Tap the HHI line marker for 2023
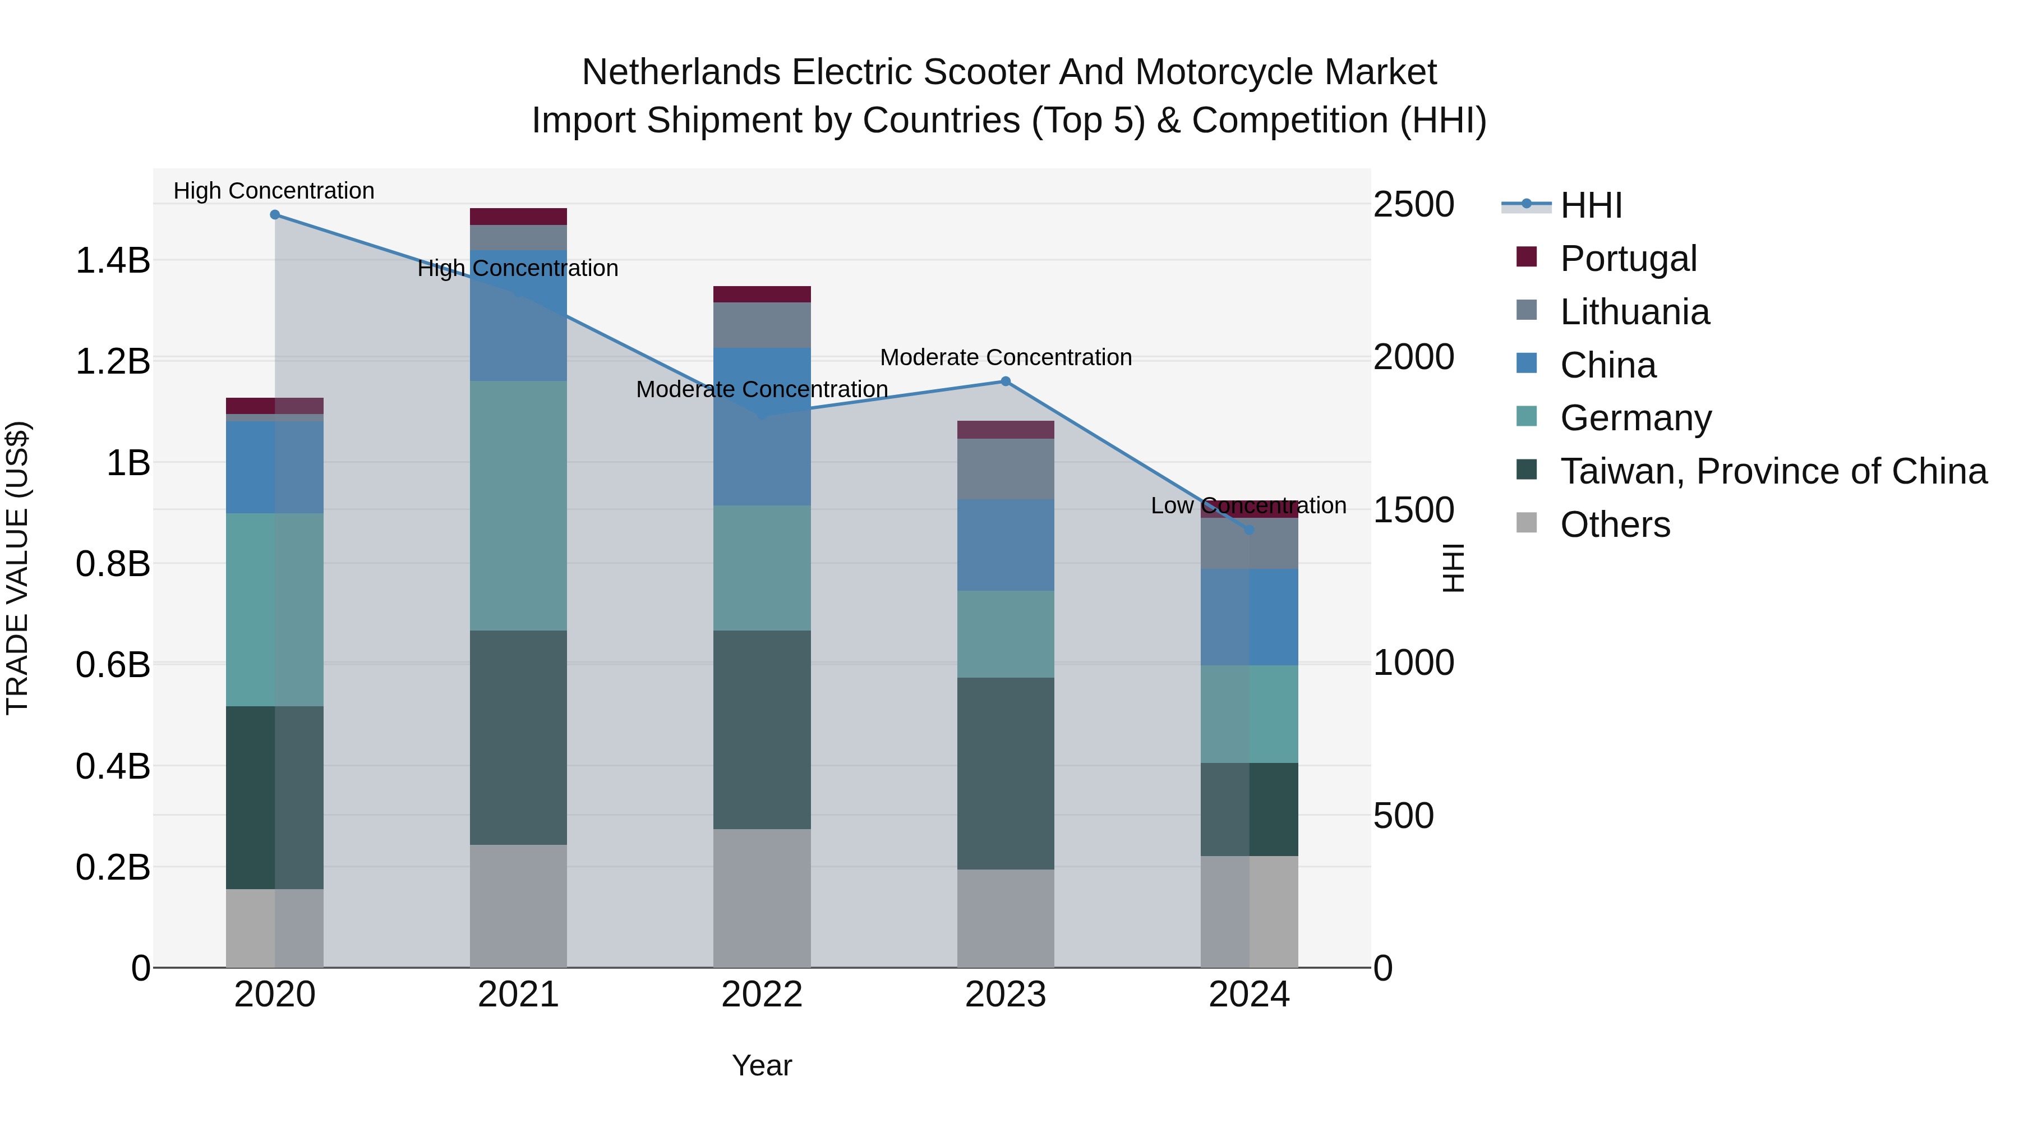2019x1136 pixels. click(x=1006, y=382)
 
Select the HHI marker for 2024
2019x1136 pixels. click(x=1250, y=530)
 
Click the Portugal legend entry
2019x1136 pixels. click(x=1628, y=259)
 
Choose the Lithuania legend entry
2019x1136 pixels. click(x=1634, y=312)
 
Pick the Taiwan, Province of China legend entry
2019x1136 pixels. click(x=1773, y=471)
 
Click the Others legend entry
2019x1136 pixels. click(x=1615, y=525)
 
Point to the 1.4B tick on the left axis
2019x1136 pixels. click(x=113, y=260)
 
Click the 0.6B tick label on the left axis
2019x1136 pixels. click(x=113, y=665)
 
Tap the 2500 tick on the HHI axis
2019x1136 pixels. click(x=1413, y=205)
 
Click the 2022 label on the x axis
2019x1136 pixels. click(x=762, y=995)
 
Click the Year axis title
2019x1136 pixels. click(x=762, y=1065)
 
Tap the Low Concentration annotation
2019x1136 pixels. click(x=1248, y=505)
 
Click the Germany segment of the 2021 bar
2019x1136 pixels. click(x=518, y=505)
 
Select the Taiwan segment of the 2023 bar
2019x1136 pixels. click(x=1006, y=773)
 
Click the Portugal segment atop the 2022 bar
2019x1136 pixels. click(x=762, y=294)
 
